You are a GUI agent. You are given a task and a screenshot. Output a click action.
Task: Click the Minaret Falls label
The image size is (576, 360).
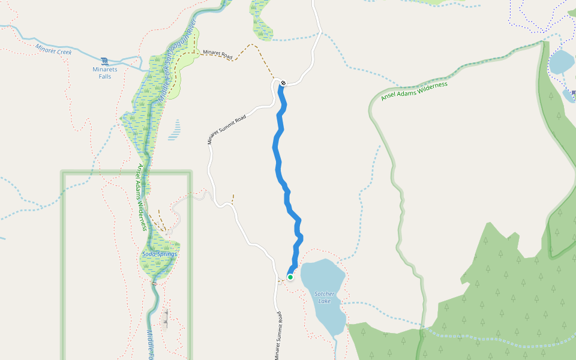click(105, 73)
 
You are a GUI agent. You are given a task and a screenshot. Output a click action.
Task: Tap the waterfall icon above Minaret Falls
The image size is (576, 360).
click(105, 61)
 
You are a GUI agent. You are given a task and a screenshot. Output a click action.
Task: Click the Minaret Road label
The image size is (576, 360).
click(217, 53)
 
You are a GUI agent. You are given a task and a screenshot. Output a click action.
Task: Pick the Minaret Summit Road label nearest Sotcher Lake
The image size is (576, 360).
click(278, 336)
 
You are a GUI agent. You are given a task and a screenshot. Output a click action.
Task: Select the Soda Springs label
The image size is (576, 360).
click(160, 254)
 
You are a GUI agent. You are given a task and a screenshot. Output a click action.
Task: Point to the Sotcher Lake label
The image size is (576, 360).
click(325, 297)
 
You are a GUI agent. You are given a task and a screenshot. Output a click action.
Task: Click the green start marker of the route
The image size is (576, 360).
click(290, 277)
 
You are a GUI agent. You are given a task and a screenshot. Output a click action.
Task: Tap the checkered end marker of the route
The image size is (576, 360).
click(283, 83)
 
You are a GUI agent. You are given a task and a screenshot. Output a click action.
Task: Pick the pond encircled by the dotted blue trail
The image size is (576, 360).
click(562, 61)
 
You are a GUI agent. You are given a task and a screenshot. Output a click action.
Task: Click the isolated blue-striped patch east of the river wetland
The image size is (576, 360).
click(174, 130)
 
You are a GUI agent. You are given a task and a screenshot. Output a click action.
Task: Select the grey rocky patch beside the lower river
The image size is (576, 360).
click(165, 321)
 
